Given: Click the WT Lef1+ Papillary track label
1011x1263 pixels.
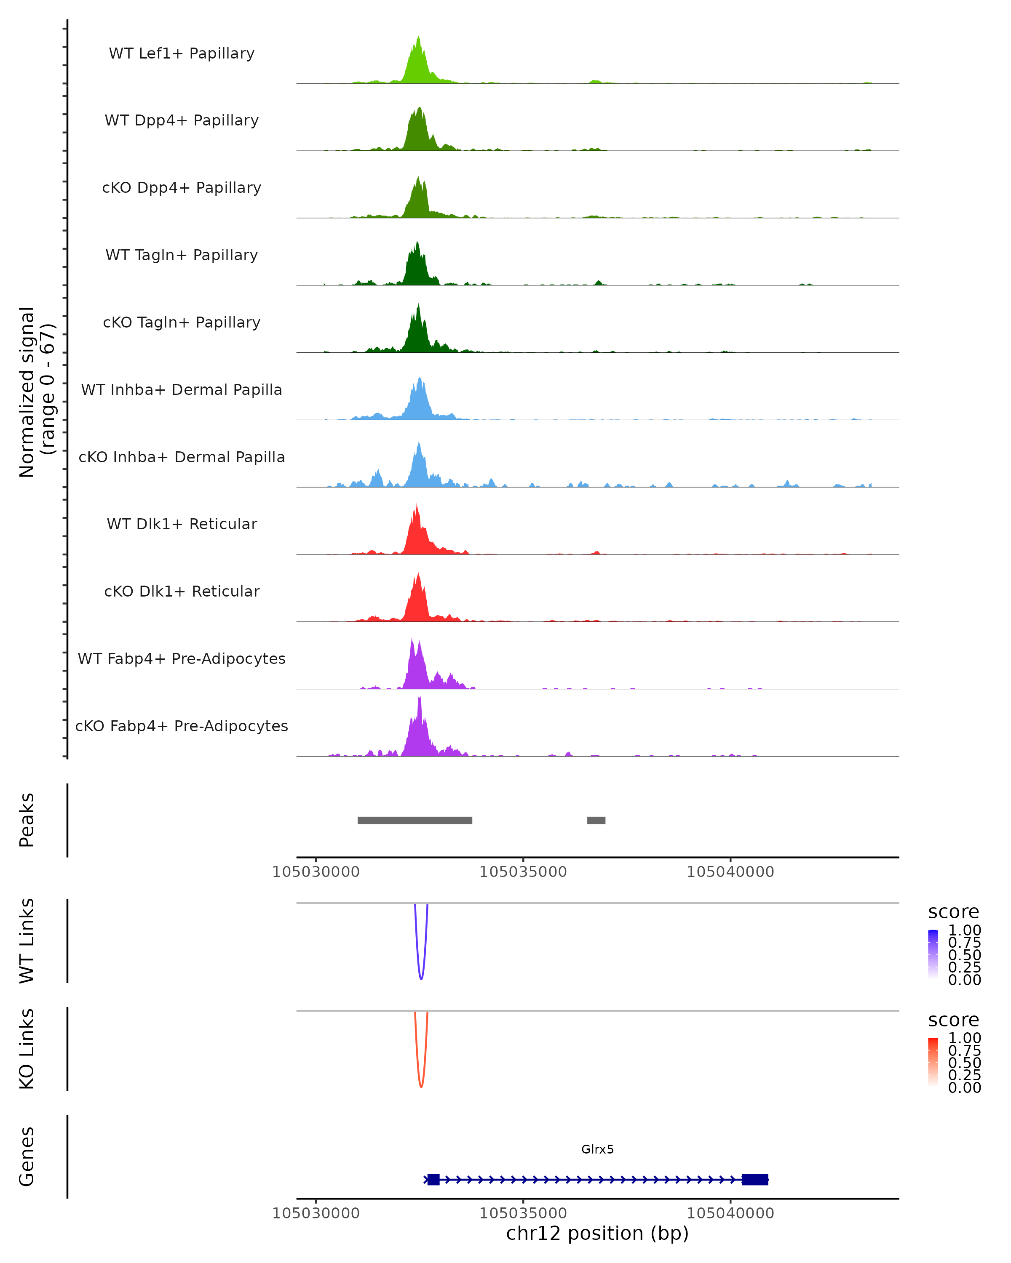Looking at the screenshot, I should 182,53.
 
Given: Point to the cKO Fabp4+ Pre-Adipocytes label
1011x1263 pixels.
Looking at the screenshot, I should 182,726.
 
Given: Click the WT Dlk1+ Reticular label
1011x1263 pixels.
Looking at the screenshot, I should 182,524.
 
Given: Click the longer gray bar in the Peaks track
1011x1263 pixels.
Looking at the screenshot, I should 415,820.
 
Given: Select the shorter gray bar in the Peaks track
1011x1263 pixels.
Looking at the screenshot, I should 596,820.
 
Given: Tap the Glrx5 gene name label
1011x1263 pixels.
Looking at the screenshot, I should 597,1149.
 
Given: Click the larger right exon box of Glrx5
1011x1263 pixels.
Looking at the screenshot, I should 755,1180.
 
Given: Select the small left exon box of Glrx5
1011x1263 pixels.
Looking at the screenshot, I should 433,1180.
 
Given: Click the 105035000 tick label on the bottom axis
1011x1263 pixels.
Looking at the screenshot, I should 523,1213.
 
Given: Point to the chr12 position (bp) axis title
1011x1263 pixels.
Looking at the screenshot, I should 597,1234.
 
